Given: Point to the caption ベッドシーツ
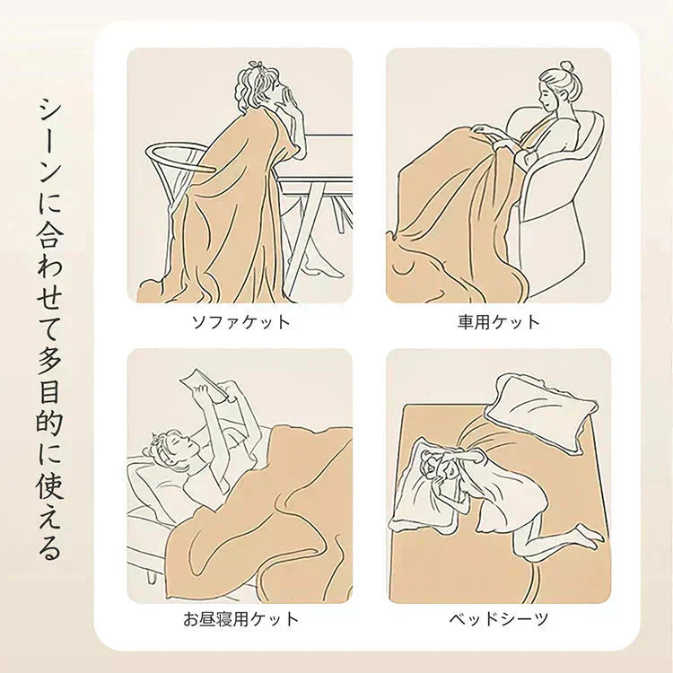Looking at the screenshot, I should click(x=499, y=619).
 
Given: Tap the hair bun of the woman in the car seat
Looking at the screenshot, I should click(x=567, y=68).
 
